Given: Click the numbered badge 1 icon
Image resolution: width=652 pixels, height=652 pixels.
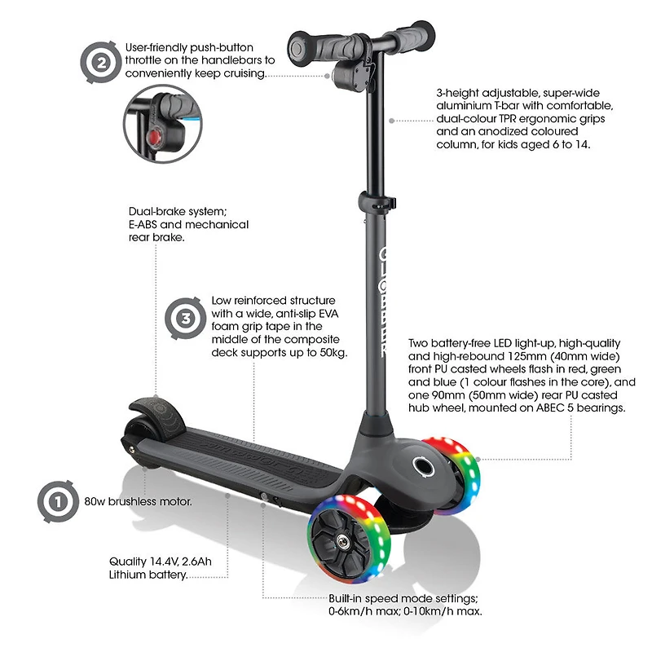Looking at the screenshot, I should (56, 500).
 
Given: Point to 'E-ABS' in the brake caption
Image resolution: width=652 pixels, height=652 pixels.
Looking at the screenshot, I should (148, 225).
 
